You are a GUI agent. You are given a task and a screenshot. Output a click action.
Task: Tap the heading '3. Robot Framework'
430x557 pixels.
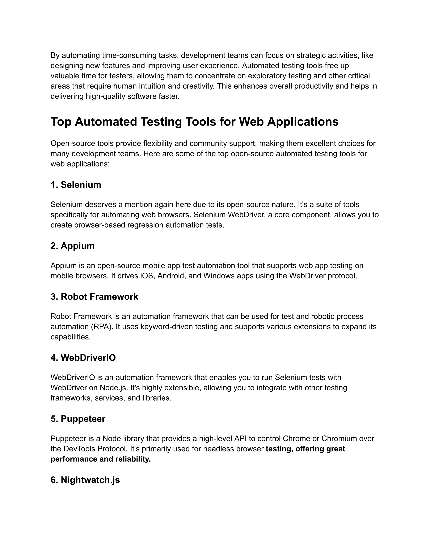[94, 297]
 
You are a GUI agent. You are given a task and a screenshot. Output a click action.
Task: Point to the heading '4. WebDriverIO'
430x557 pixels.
[83, 358]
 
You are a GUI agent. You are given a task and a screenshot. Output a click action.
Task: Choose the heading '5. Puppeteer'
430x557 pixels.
[78, 419]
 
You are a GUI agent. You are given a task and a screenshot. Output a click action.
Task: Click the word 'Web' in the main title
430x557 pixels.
[251, 122]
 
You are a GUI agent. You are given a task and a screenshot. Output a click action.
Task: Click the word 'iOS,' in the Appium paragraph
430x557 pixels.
[148, 276]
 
